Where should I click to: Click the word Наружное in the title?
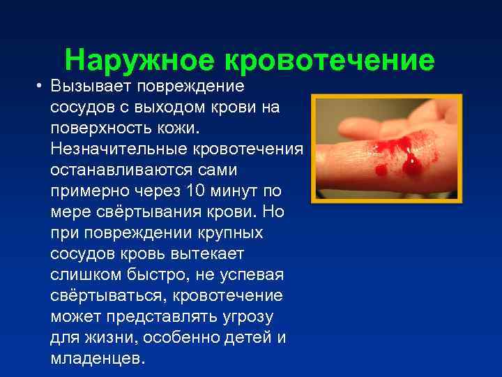139,61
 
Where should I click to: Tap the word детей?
243,338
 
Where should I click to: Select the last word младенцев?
97,359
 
